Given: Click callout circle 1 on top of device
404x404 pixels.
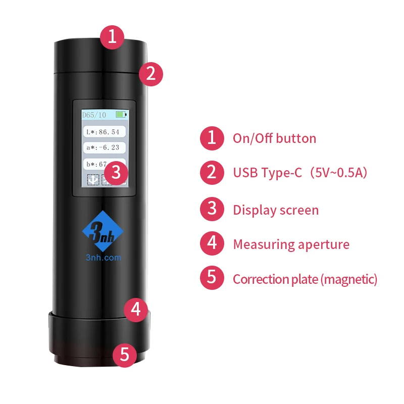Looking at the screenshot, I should pos(112,36).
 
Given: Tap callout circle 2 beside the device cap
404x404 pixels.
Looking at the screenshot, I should pos(150,74).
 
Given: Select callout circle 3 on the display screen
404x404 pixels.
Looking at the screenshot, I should pos(116,173).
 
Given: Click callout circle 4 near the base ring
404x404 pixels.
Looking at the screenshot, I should pos(135,309).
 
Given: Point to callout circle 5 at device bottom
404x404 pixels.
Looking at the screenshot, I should pos(124,355).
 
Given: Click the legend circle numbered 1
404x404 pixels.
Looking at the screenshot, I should pos(212,138).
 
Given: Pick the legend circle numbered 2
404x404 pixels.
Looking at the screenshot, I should pos(212,173).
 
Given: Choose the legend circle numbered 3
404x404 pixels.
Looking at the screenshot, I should pos(212,210).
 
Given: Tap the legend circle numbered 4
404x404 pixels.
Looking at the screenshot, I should pos(212,244).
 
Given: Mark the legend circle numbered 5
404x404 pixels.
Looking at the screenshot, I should pos(212,278).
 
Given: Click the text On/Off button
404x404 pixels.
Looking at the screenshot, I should pos(274,138).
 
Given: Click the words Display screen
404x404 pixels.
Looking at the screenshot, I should pos(276,210).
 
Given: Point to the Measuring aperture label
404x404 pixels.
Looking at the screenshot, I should pos(291,244).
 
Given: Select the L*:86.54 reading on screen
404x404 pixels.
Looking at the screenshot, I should pos(103,132).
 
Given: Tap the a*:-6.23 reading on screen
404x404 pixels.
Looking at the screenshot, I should pos(103,148).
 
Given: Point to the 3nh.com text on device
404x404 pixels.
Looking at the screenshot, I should pos(103,258).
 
